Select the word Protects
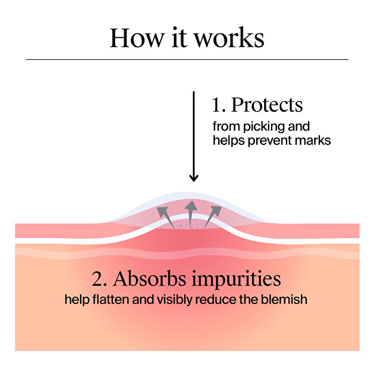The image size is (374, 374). pos(266,105)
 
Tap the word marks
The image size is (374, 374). pos(315,140)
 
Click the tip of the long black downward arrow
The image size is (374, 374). pos(194,180)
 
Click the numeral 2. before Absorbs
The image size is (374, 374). pos(100,278)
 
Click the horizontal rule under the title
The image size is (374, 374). pos(187,59)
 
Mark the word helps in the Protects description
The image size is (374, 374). pos(227,140)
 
